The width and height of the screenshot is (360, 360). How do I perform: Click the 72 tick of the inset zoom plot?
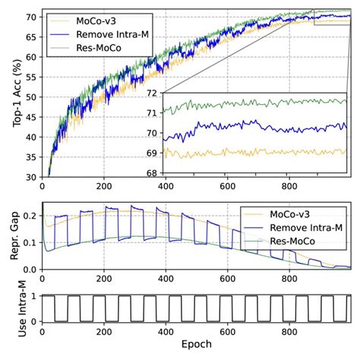[x=152, y=93]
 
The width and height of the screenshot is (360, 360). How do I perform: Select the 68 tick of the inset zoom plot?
[x=152, y=172]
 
